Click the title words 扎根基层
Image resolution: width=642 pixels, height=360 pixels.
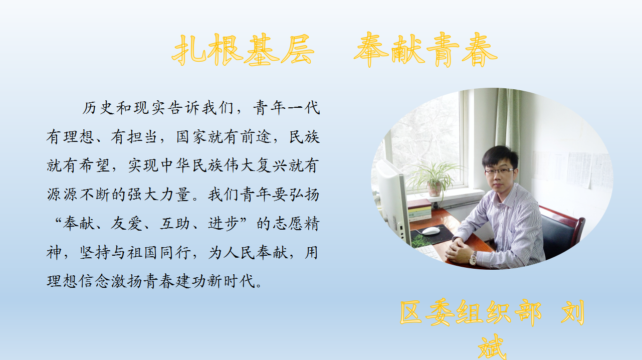(x=243, y=49)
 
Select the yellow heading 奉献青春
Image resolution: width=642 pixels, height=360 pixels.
(x=425, y=49)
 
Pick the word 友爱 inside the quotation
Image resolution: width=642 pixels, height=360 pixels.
(x=126, y=223)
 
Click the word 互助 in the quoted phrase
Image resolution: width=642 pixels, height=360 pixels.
(x=175, y=223)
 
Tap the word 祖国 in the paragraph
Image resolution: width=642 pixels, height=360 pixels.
(x=142, y=253)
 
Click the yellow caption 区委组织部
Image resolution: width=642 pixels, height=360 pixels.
(x=471, y=312)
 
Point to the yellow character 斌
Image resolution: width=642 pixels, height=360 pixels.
(x=492, y=347)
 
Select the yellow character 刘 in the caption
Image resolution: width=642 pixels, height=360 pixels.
(x=572, y=312)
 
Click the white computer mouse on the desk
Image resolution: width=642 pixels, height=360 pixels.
(x=431, y=231)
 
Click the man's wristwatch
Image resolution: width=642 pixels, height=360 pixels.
(x=472, y=259)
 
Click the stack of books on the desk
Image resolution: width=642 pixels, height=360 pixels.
(x=419, y=211)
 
